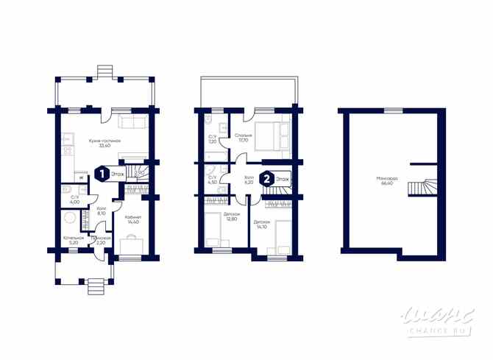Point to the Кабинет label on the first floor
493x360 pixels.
click(x=132, y=218)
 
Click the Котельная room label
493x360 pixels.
click(x=73, y=239)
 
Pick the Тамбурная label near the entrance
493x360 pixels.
click(x=102, y=239)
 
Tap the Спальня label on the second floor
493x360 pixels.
click(x=244, y=138)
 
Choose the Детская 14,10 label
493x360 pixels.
click(x=262, y=224)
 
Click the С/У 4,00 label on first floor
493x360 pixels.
click(x=74, y=199)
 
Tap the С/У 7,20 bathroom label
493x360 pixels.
click(x=212, y=138)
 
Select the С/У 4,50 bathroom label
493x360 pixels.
click(x=212, y=180)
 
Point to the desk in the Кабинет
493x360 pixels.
click(x=132, y=244)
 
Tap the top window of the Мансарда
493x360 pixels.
click(x=393, y=110)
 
